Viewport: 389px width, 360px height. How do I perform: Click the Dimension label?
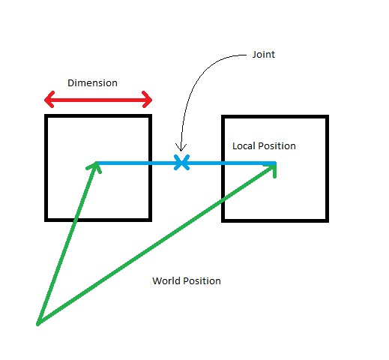[x=92, y=83]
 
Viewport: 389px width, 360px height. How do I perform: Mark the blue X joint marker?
[x=181, y=162]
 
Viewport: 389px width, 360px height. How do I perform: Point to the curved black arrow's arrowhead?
[x=180, y=148]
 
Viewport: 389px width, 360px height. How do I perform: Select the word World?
[x=166, y=281]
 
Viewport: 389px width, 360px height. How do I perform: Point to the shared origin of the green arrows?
[x=37, y=324]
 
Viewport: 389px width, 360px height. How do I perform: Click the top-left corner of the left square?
[x=47, y=117]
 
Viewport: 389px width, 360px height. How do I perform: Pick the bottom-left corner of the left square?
[x=47, y=219]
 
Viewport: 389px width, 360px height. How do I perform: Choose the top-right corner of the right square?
[x=326, y=118]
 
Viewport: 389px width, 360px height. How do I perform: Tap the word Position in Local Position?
[x=277, y=146]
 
